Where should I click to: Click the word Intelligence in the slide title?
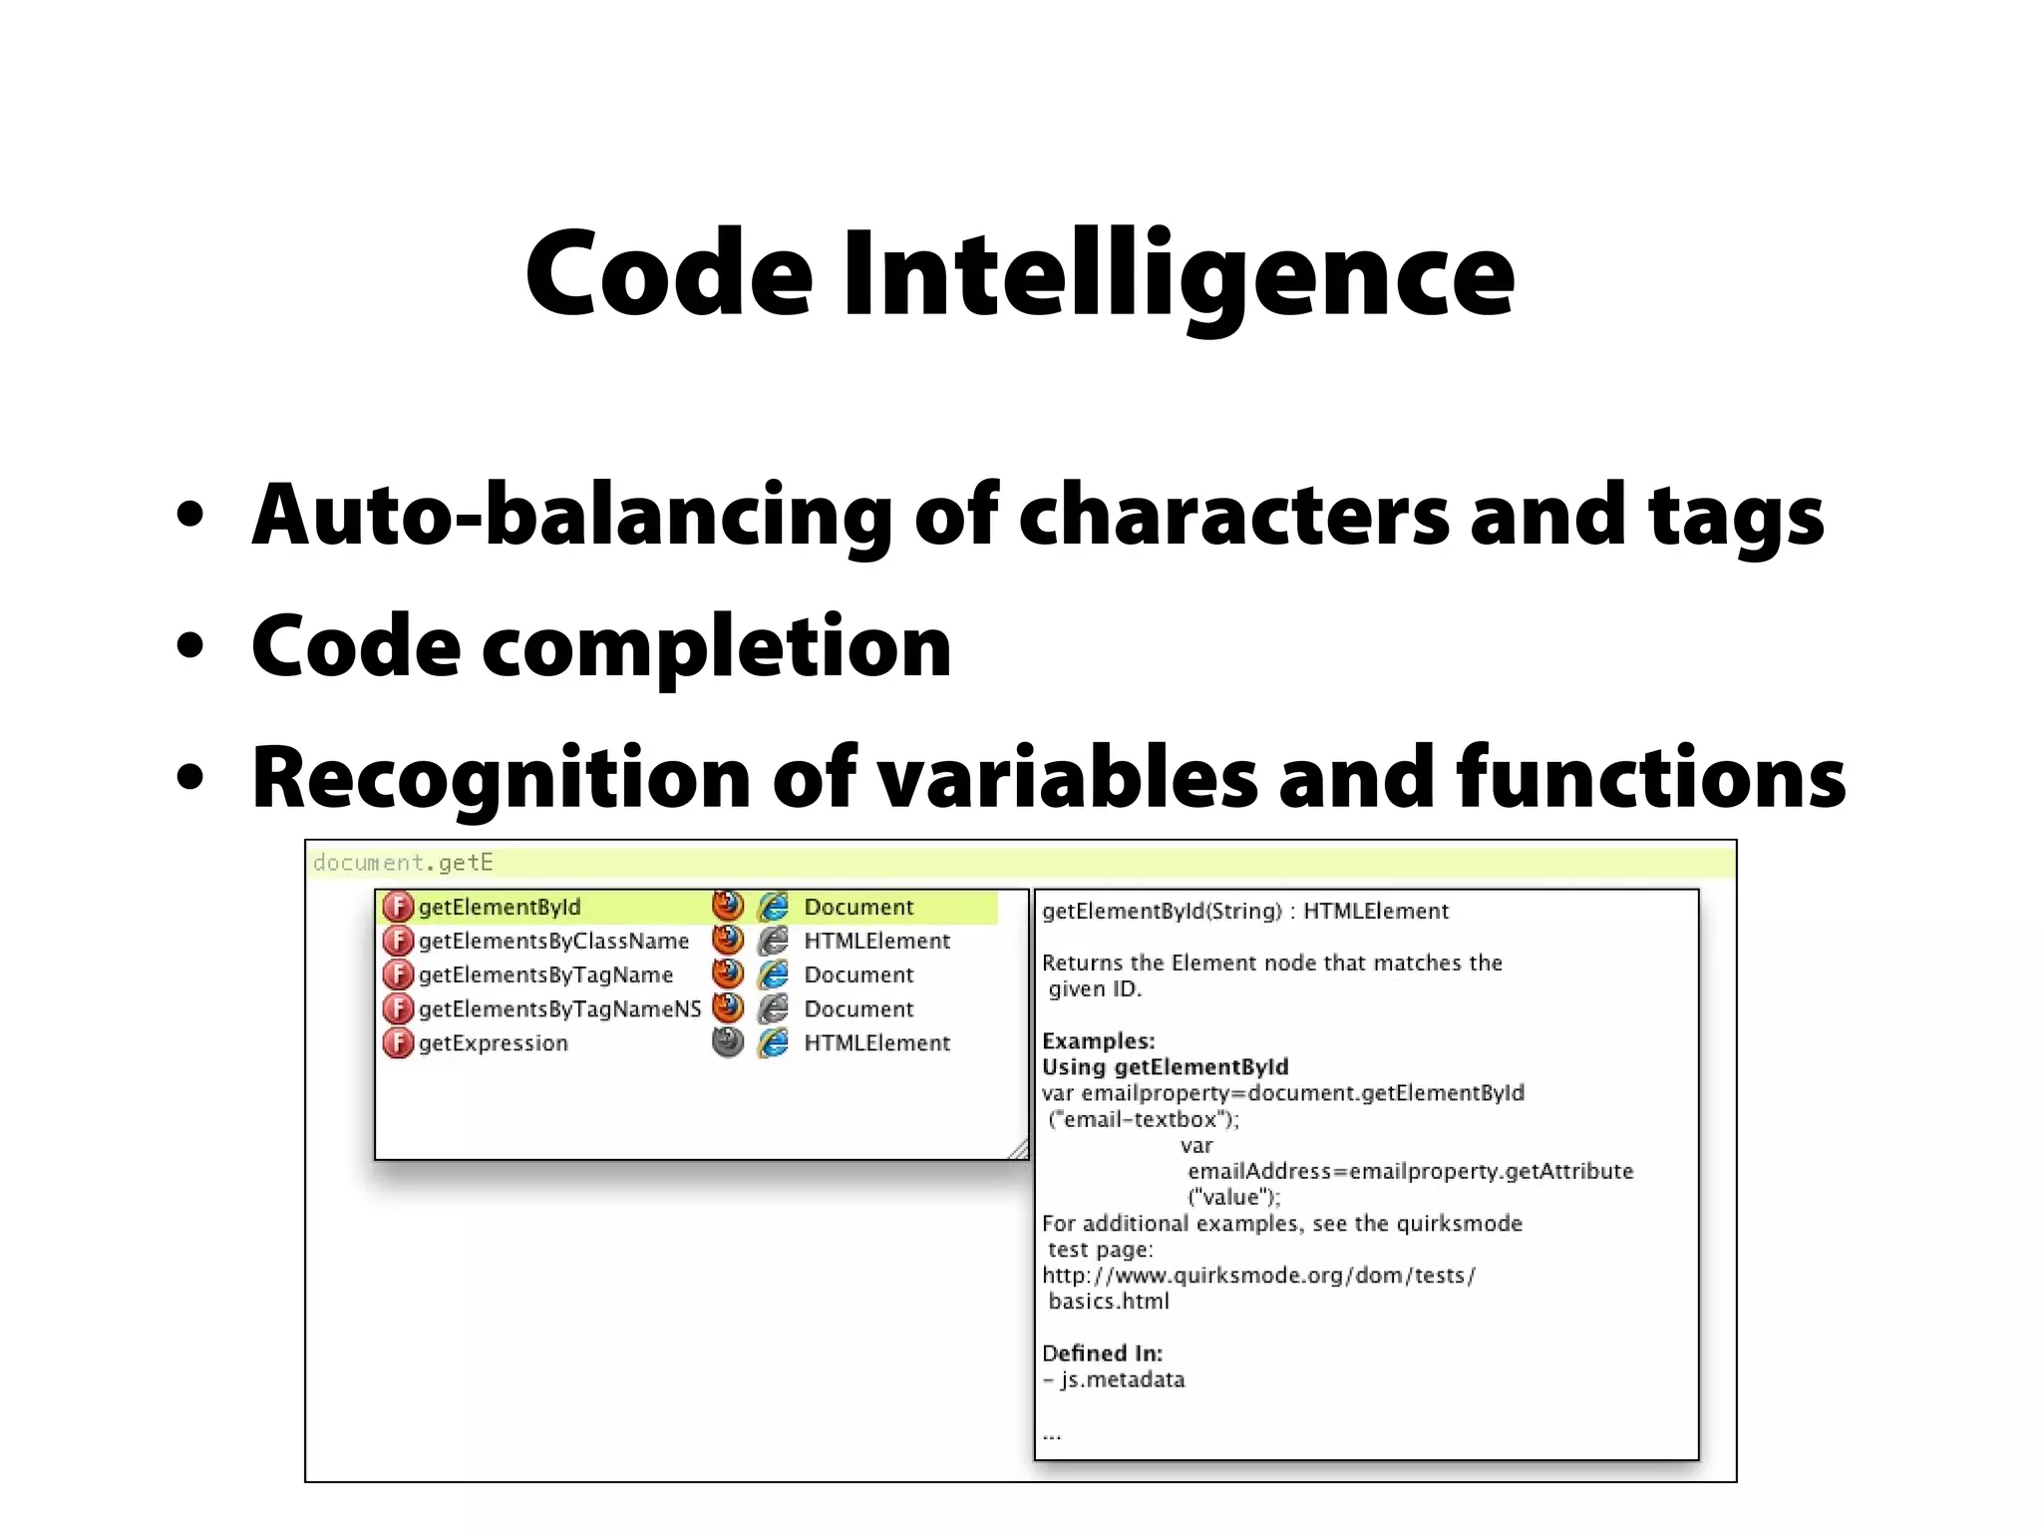(1179, 275)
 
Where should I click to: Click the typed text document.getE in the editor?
(403, 863)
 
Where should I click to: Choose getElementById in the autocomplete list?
(499, 908)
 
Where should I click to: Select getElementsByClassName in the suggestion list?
(553, 942)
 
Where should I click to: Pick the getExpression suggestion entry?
(493, 1043)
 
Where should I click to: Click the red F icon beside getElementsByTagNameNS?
(398, 1009)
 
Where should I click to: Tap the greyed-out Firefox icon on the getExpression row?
(728, 1042)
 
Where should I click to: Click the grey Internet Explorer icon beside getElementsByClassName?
(773, 942)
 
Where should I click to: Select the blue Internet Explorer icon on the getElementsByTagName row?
(773, 975)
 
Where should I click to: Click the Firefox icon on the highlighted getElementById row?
(728, 906)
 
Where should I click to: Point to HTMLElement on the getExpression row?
(877, 1043)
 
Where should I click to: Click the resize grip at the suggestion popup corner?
(1018, 1150)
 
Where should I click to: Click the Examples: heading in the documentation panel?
(1098, 1041)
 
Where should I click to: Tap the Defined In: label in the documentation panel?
(1102, 1353)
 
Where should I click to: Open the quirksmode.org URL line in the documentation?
(1258, 1276)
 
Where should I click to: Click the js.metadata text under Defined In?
(1122, 1380)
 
